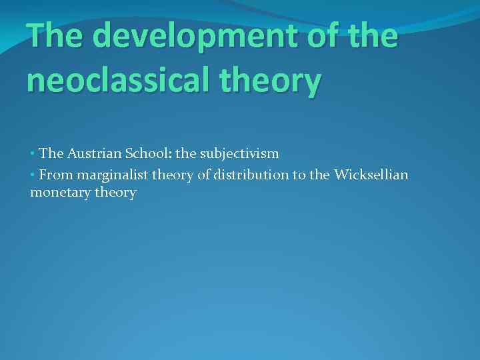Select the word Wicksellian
(371, 175)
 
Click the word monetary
(60, 193)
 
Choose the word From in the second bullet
(55, 175)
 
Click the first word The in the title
(55, 36)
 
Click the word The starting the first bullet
(51, 153)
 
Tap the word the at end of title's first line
(374, 36)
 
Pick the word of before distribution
(205, 175)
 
